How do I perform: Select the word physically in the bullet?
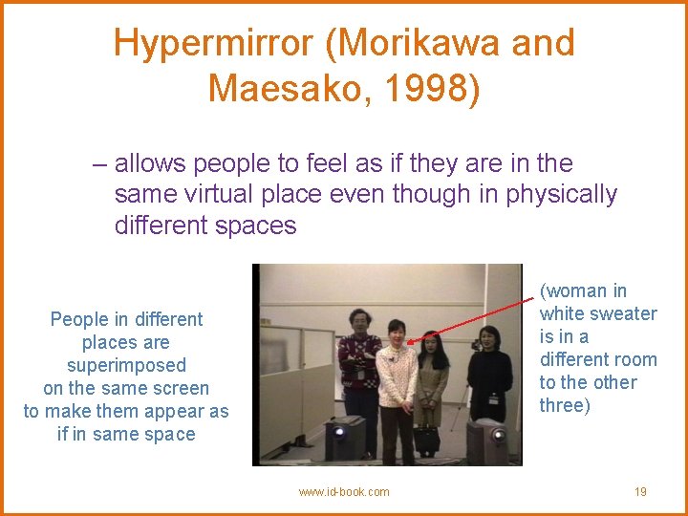563,194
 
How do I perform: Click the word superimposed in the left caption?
126,365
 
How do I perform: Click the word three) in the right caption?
564,405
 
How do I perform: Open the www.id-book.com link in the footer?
344,491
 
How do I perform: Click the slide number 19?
640,491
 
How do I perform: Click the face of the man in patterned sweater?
360,319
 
